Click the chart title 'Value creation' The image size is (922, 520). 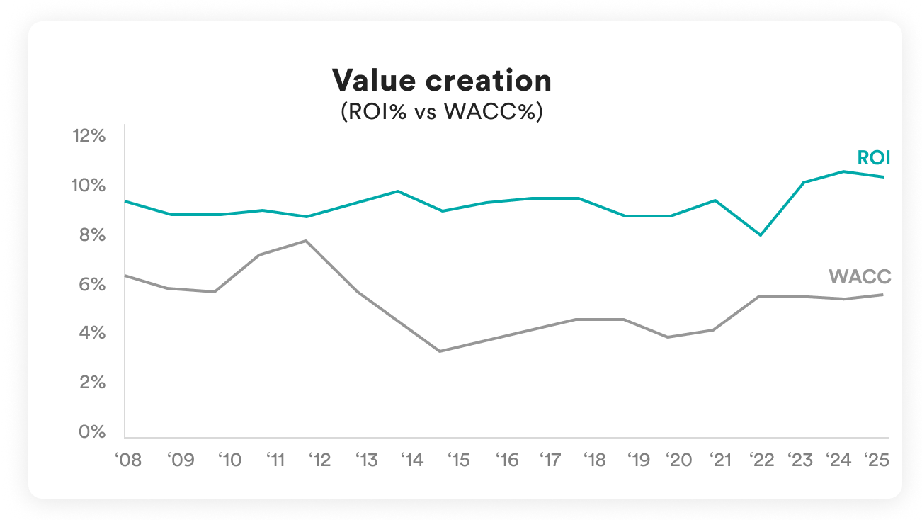(441, 81)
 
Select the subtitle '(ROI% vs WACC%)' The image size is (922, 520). (441, 112)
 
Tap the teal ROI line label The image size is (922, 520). (873, 158)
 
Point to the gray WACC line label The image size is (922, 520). (860, 277)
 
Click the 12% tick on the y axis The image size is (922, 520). (89, 135)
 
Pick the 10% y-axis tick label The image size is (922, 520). (89, 186)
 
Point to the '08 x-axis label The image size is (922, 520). (128, 460)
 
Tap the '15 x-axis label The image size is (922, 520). (457, 460)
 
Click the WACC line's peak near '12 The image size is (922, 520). (305, 241)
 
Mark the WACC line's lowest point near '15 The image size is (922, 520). (440, 351)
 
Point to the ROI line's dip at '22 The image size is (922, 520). (760, 235)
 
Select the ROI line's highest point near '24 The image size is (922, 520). (843, 171)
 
